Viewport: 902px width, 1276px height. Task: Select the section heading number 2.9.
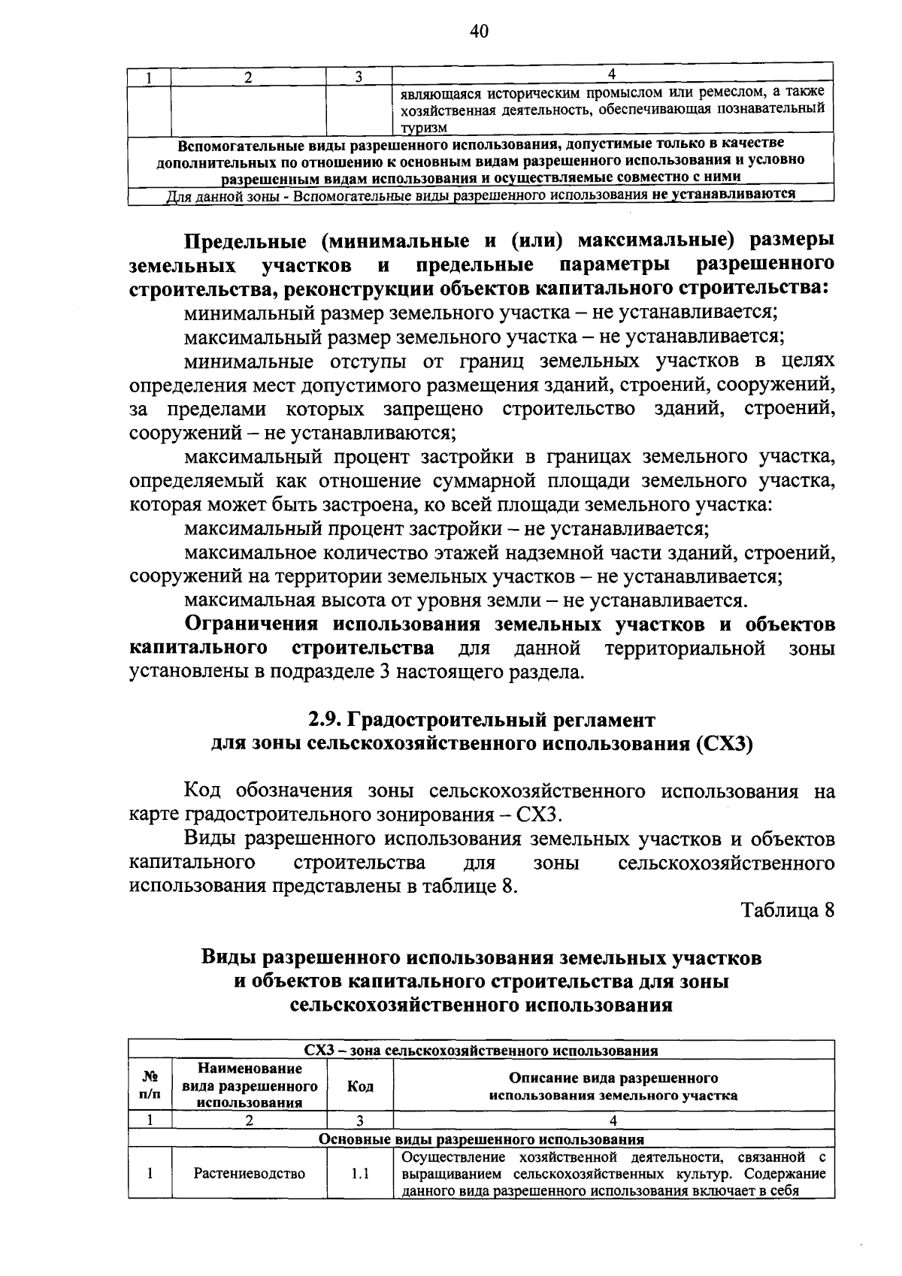[325, 720]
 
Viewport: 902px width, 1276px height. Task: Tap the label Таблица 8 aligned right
[788, 909]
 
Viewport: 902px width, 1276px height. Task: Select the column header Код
[359, 1087]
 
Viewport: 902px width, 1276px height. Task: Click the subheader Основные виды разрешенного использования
[481, 1139]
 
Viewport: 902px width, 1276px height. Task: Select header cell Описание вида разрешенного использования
[613, 1087]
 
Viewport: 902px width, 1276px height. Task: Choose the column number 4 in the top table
[613, 74]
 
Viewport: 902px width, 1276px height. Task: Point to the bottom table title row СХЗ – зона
[481, 1051]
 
